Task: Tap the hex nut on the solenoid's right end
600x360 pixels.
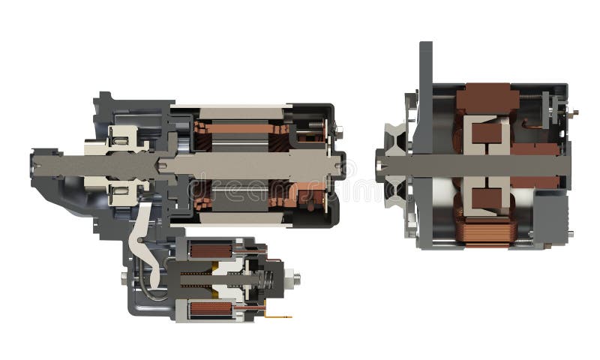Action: pyautogui.click(x=296, y=279)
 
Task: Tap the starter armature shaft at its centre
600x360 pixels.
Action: pyautogui.click(x=247, y=164)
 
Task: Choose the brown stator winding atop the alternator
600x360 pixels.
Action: pyautogui.click(x=487, y=97)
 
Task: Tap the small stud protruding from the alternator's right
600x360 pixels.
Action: pyautogui.click(x=574, y=112)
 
